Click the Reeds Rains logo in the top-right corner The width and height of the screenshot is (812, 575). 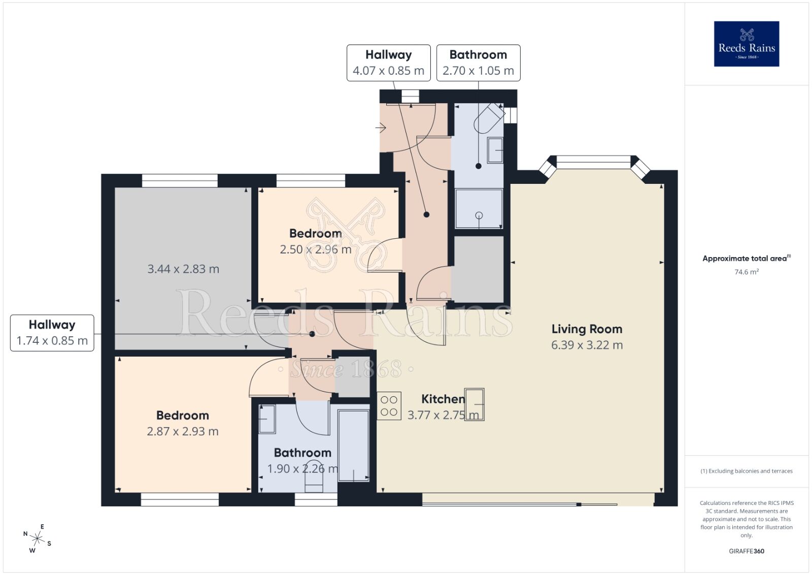pyautogui.click(x=746, y=44)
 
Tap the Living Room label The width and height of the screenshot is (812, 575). pyautogui.click(x=587, y=329)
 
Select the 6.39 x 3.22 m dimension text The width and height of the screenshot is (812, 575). pyautogui.click(x=587, y=345)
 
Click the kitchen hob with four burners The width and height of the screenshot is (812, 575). pyautogui.click(x=389, y=405)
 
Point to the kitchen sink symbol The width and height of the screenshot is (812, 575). pyautogui.click(x=474, y=404)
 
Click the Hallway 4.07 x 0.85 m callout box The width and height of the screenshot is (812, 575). pyautogui.click(x=388, y=62)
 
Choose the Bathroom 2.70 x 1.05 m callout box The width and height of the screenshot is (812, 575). pyautogui.click(x=478, y=62)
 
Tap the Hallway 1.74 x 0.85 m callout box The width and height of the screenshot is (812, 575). pyautogui.click(x=52, y=333)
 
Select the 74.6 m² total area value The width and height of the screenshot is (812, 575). pyautogui.click(x=746, y=272)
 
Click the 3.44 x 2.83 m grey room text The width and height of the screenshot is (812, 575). pyautogui.click(x=183, y=269)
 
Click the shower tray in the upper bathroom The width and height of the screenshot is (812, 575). pyautogui.click(x=479, y=208)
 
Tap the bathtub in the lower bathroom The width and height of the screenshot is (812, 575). pyautogui.click(x=353, y=445)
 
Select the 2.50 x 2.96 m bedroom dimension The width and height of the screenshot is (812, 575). pyautogui.click(x=315, y=249)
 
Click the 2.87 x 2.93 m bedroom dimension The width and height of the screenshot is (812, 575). pyautogui.click(x=183, y=432)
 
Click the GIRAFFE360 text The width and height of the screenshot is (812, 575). pyautogui.click(x=746, y=551)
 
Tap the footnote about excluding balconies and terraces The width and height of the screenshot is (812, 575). pyautogui.click(x=746, y=471)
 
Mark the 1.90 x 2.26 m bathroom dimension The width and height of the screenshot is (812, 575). pyautogui.click(x=302, y=469)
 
